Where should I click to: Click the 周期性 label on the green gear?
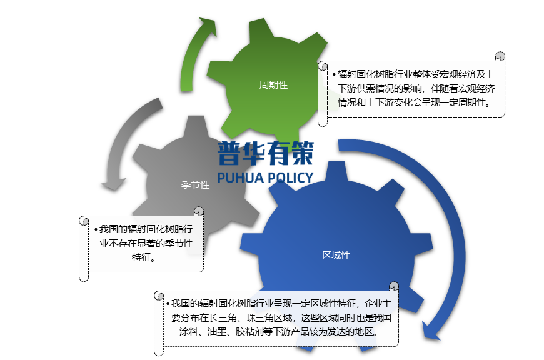click(273, 85)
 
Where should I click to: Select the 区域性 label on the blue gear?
click(336, 256)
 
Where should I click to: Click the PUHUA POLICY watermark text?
click(265, 177)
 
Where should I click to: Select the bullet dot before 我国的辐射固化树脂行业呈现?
click(167, 304)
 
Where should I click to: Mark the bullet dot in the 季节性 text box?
click(95, 229)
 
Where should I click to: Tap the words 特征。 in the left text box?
click(145, 257)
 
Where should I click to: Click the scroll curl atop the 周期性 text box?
click(500, 57)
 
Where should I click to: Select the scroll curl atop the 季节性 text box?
click(199, 212)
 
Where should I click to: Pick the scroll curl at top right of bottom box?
click(394, 287)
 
